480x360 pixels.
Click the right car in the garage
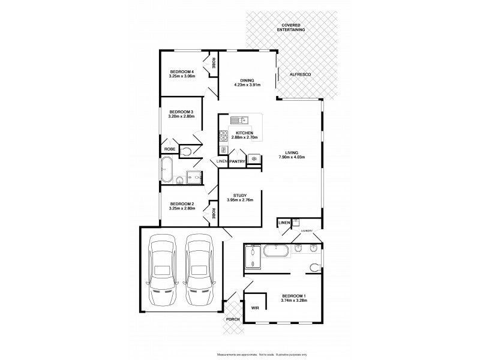pos(198,270)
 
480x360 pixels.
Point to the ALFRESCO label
pos(299,74)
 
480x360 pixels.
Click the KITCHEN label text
pos(244,133)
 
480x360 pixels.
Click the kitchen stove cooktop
pos(223,136)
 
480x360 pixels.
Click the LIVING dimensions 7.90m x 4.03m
pos(292,157)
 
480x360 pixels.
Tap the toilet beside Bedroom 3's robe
pos(185,152)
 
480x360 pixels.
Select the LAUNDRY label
pos(307,231)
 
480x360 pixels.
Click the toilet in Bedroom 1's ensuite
pos(314,267)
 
